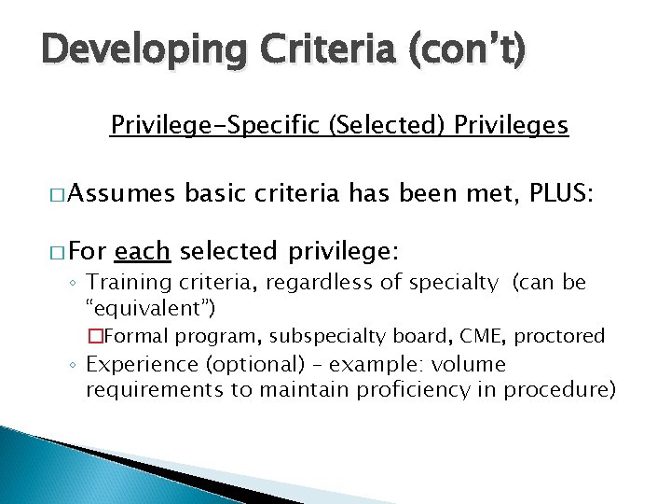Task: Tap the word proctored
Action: (560, 336)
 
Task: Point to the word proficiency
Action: (378, 388)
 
